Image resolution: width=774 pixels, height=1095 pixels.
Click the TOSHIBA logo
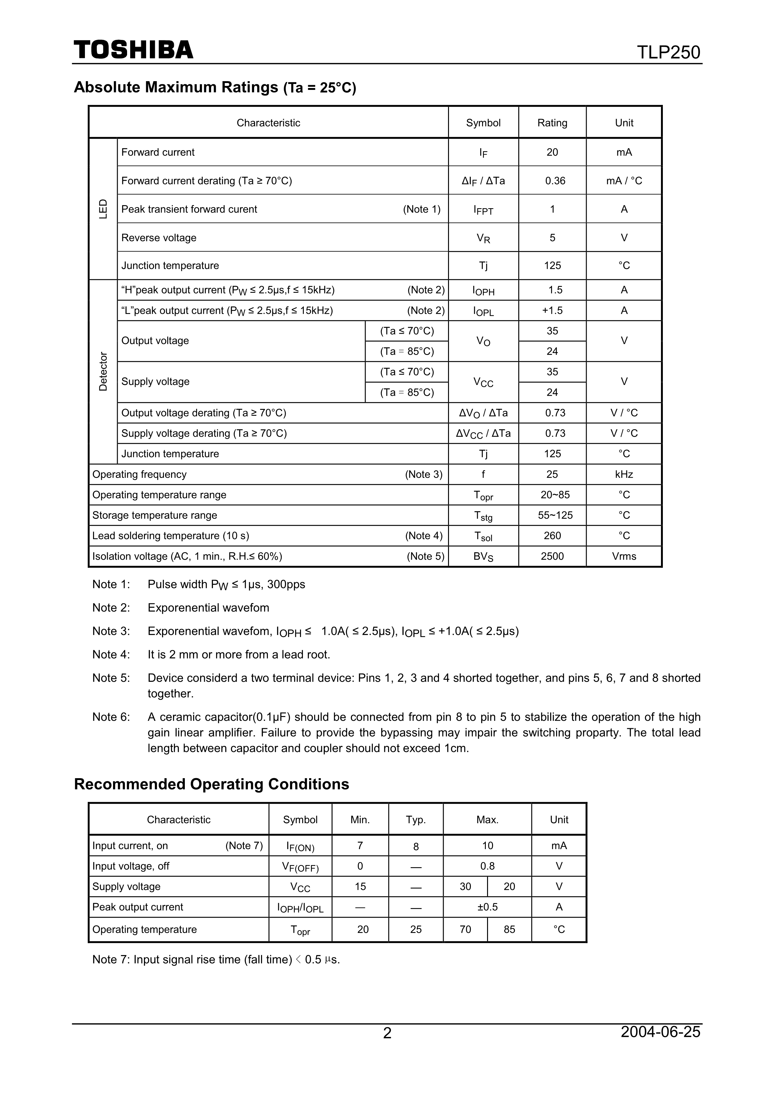[x=134, y=50]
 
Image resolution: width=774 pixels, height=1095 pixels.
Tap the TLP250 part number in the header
[x=668, y=52]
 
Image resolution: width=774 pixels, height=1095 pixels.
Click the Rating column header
[x=552, y=123]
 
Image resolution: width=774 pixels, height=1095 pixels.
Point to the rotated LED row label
[x=103, y=209]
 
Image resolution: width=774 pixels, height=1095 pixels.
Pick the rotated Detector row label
[x=103, y=371]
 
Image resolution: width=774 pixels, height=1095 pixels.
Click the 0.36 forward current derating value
[x=555, y=181]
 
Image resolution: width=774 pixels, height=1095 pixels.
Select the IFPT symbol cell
[x=483, y=209]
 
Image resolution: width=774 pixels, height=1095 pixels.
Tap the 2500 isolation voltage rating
[x=552, y=556]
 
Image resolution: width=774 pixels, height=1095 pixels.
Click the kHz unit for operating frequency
[x=624, y=474]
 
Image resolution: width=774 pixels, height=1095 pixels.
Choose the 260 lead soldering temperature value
[x=552, y=536]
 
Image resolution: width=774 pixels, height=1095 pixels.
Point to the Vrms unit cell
[x=624, y=556]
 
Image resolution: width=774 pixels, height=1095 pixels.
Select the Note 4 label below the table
[x=111, y=654]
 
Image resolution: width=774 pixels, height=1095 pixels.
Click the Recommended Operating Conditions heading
[x=211, y=784]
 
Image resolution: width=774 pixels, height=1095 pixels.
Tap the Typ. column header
[x=415, y=819]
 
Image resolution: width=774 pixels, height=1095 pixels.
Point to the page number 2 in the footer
[x=387, y=1046]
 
